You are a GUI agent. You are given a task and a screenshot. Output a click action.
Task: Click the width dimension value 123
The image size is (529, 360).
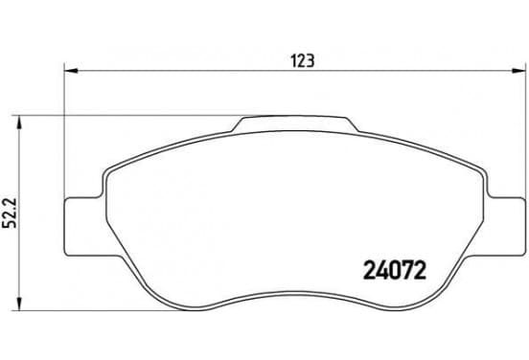coord(303,61)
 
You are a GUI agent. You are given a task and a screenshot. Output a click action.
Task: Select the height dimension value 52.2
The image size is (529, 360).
coord(10,214)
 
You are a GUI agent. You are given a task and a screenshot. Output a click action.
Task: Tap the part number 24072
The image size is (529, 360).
coord(395,270)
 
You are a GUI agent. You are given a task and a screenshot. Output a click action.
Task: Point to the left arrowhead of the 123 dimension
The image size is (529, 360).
coord(71,71)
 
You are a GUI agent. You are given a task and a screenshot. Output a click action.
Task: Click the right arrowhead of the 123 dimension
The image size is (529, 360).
coord(518,71)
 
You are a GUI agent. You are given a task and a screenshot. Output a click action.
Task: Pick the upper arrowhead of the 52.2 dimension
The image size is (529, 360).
coord(19,123)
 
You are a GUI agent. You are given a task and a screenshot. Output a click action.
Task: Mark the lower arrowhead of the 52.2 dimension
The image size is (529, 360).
coord(19,304)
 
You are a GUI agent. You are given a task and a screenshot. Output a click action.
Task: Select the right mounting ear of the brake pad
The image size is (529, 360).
coord(505,227)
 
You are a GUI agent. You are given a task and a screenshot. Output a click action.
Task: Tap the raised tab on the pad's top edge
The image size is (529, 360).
coord(296,124)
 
